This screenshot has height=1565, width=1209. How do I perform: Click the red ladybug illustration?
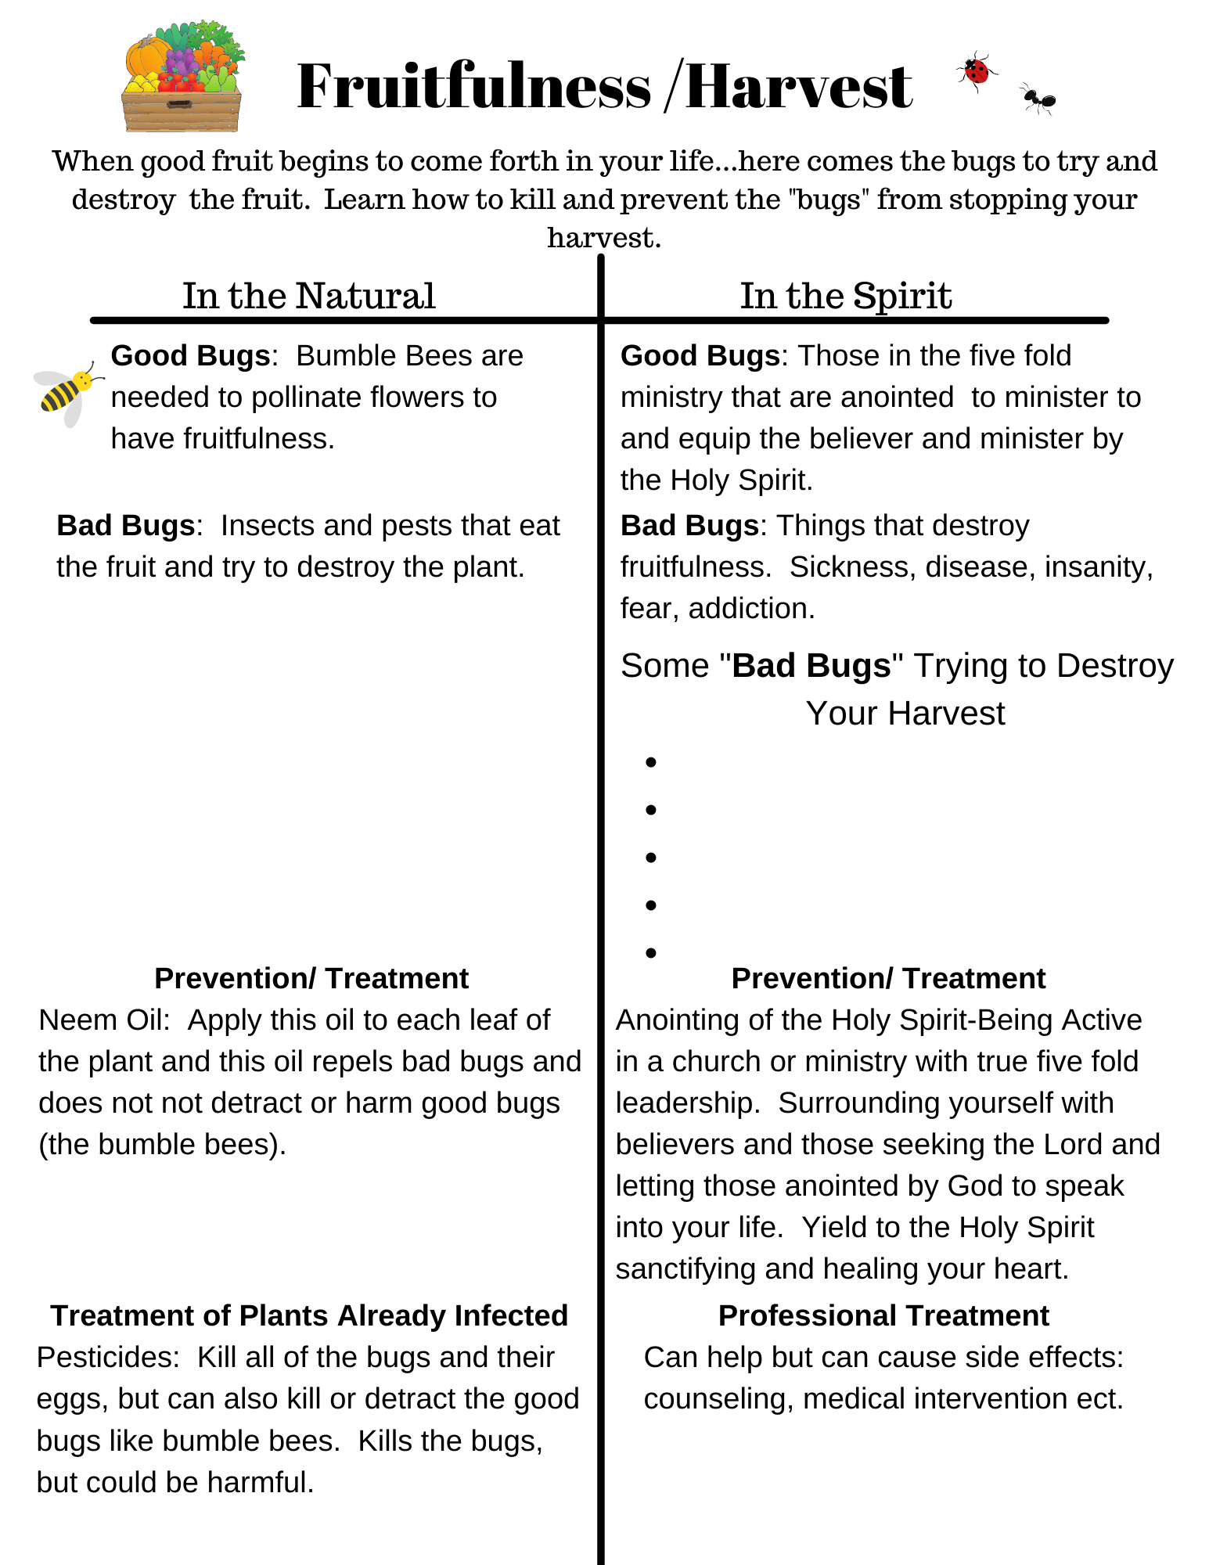point(976,71)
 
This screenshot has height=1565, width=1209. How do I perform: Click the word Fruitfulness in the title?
point(473,86)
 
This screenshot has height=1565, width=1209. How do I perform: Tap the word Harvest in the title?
point(798,86)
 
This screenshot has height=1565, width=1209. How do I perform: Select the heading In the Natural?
point(308,296)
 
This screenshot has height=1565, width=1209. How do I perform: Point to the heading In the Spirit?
point(845,296)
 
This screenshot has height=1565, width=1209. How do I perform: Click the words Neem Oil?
point(102,1020)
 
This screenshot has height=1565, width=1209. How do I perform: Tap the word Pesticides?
point(107,1358)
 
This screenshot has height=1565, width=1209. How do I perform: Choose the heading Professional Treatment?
point(883,1316)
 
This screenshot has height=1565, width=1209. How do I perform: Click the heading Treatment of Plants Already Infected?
point(309,1316)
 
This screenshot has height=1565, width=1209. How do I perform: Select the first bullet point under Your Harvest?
point(650,762)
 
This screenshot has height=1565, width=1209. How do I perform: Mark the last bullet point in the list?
point(650,952)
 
